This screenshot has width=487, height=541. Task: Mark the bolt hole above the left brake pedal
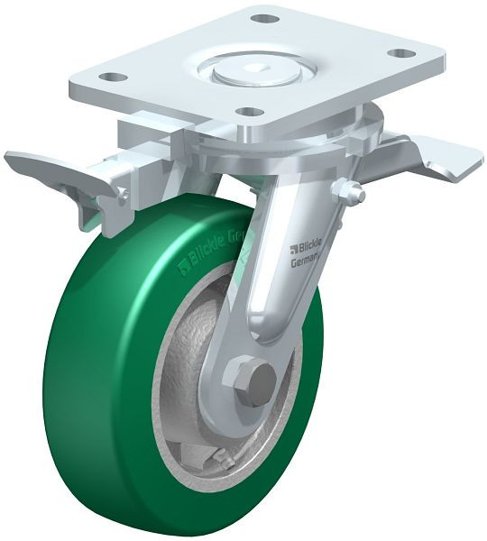(x=111, y=78)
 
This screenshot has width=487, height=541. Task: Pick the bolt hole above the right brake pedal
(x=405, y=53)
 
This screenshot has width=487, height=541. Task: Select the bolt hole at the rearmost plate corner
(x=263, y=18)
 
